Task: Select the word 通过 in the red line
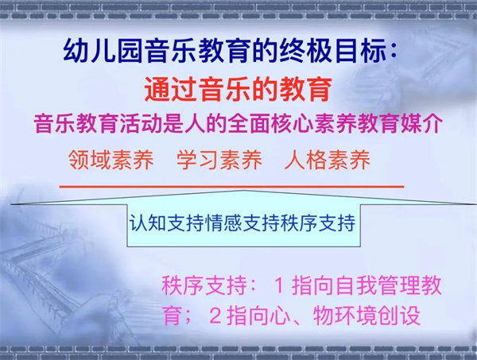pos(171,89)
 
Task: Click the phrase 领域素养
pos(111,160)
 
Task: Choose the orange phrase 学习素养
pos(219,160)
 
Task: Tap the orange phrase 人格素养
pos(328,160)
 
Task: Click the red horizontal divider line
pos(231,187)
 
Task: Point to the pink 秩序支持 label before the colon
pos(204,285)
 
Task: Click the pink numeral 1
pos(279,286)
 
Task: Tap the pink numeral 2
pos(215,316)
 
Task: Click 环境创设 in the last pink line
pos(378,316)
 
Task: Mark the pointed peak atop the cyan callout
pos(244,191)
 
